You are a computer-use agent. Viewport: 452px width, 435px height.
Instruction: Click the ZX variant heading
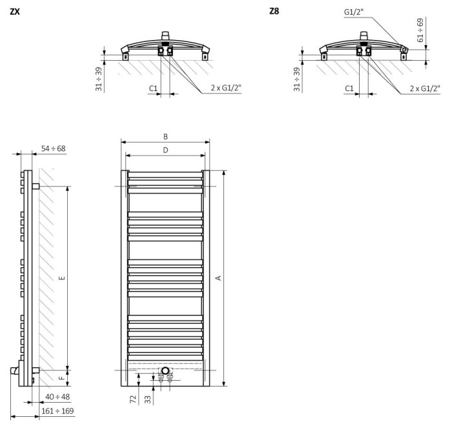(14, 11)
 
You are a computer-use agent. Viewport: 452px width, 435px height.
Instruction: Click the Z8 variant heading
(274, 11)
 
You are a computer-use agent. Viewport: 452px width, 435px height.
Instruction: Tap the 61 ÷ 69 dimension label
(421, 30)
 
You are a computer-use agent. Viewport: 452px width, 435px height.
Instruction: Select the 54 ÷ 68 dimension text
(54, 149)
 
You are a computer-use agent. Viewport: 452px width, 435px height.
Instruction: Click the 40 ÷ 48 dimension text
(57, 396)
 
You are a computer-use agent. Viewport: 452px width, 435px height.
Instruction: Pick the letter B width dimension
(165, 136)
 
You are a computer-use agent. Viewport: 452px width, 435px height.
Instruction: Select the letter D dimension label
(165, 151)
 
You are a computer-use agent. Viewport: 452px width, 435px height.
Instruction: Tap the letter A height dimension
(218, 277)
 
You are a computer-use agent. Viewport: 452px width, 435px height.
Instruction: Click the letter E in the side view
(61, 278)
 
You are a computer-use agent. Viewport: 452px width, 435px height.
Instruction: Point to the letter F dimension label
(61, 378)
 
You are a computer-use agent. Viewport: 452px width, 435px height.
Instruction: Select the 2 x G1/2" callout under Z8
(424, 88)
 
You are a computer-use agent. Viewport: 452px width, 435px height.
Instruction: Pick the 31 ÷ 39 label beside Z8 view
(297, 79)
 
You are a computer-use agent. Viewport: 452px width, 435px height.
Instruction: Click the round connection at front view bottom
(166, 371)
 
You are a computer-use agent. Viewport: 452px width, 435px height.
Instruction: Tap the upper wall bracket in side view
(36, 186)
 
